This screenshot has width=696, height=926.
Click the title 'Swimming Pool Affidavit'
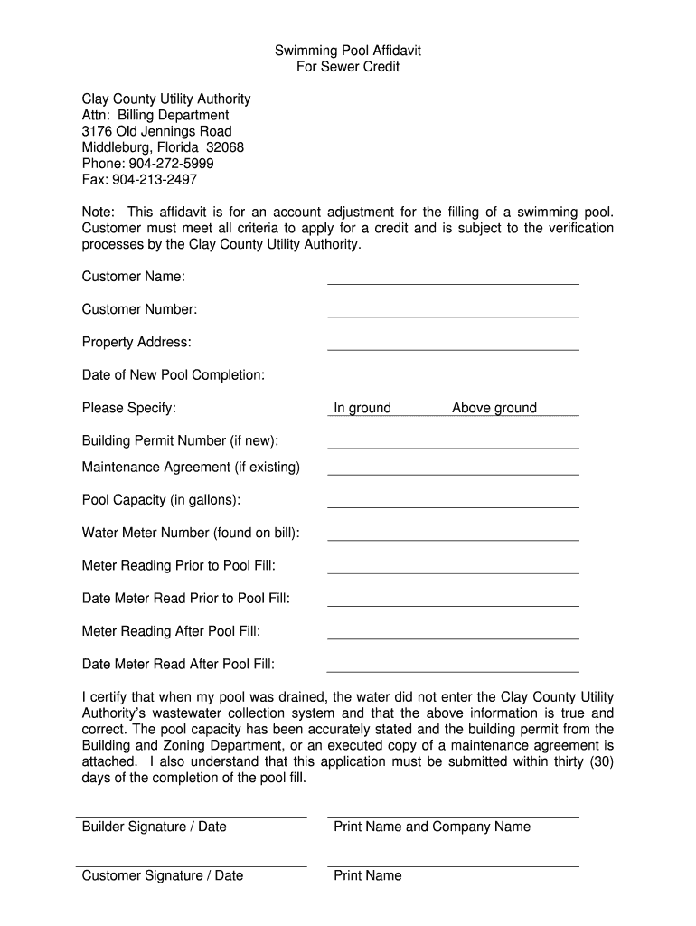[x=348, y=51]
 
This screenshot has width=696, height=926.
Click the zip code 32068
[x=225, y=147]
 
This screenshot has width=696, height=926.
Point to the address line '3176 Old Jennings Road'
[x=156, y=131]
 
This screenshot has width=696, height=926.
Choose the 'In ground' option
[x=362, y=408]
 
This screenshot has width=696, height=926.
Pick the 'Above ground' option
[x=494, y=408]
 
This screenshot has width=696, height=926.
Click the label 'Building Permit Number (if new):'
[x=180, y=440]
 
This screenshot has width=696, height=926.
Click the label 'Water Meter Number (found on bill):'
[x=191, y=533]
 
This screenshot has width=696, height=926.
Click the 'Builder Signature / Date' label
[x=155, y=827]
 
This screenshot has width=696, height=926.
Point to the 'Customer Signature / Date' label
[x=163, y=875]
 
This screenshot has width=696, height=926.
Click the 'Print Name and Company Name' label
[x=432, y=827]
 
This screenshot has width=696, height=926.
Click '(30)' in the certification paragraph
[x=601, y=761]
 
